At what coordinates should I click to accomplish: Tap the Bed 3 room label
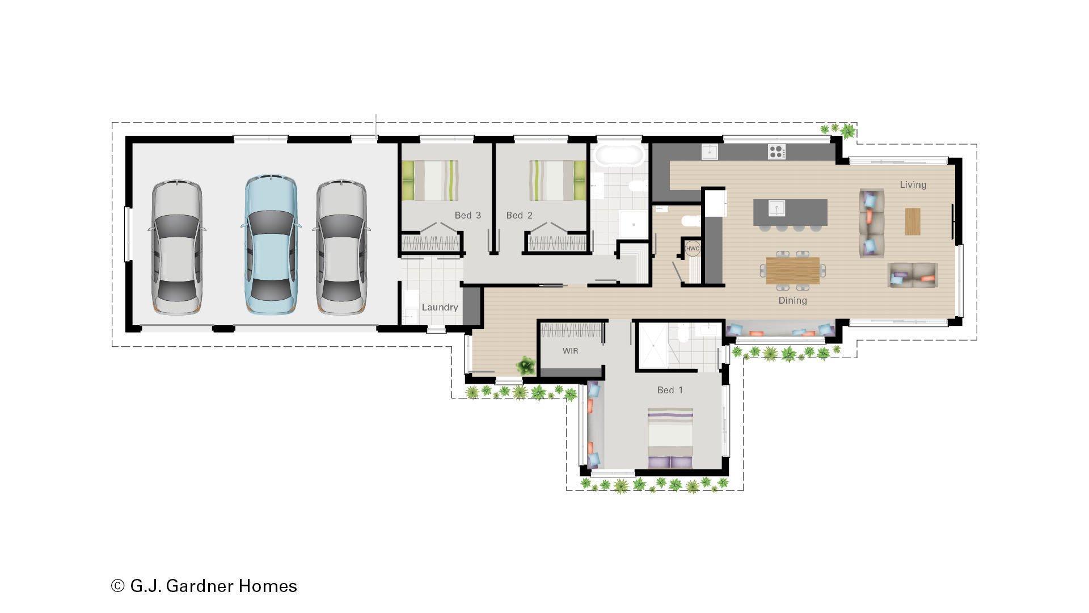tap(467, 215)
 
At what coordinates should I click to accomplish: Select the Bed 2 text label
tap(519, 215)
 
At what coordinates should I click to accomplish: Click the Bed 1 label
tap(670, 390)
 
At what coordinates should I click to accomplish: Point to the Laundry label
tap(440, 307)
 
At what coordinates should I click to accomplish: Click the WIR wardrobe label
tap(570, 351)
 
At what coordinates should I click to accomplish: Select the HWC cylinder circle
tap(693, 249)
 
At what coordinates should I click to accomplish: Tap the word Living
tap(913, 184)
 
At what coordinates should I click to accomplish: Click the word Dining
tap(792, 300)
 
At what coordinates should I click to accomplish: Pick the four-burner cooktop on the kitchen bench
tap(776, 152)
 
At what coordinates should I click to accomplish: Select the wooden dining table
tap(792, 270)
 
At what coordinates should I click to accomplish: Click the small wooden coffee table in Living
tap(912, 221)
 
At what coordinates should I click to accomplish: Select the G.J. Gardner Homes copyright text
tap(204, 586)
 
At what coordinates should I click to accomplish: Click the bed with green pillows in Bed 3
tap(430, 180)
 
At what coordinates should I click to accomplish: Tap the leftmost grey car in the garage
tap(176, 247)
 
